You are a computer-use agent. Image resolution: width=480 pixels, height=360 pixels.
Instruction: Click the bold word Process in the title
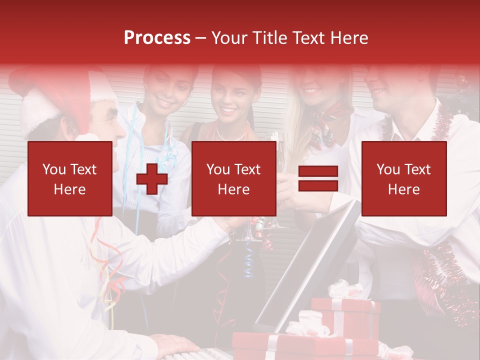[157, 37]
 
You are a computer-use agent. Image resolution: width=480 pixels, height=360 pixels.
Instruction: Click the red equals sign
[318, 179]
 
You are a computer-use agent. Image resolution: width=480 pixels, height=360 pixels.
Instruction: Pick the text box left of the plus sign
[70, 179]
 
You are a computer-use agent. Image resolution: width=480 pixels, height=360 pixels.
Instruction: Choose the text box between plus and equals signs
[233, 179]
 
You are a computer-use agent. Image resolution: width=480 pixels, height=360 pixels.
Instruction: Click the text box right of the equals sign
[404, 179]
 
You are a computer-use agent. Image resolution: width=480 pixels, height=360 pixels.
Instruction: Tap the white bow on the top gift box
[345, 290]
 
